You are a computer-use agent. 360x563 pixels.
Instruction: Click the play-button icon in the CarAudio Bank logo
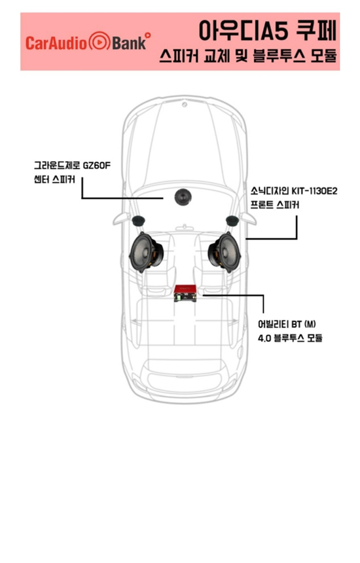coord(99,41)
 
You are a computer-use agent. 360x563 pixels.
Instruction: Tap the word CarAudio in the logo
coord(56,43)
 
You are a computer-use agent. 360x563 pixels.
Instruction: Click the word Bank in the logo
coord(129,43)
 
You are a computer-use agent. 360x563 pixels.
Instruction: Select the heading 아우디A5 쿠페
coord(268,31)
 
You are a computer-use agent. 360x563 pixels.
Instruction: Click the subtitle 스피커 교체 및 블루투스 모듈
coord(248,56)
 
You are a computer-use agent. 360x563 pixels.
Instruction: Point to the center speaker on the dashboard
coord(183,197)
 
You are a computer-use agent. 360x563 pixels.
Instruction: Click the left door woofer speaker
coord(147,252)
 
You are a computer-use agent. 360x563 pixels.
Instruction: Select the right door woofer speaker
coord(225,252)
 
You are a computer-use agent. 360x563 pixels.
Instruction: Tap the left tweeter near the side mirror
coord(138,221)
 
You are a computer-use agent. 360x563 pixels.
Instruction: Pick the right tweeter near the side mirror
coord(232,221)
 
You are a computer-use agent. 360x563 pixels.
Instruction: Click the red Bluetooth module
coord(185,293)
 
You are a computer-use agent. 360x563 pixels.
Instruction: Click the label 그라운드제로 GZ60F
coord(73,166)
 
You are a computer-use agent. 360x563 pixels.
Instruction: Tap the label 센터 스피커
coord(54,179)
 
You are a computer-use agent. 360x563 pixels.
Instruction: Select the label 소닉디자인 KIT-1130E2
coord(294,191)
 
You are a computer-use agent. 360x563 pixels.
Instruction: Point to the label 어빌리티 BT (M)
coord(287,324)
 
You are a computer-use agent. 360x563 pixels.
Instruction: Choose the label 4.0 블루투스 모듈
coord(290,338)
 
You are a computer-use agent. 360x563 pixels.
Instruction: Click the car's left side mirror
coord(121,218)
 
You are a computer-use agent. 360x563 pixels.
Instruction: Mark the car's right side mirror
coord(248,218)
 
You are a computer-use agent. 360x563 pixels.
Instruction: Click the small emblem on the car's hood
coord(185,105)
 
